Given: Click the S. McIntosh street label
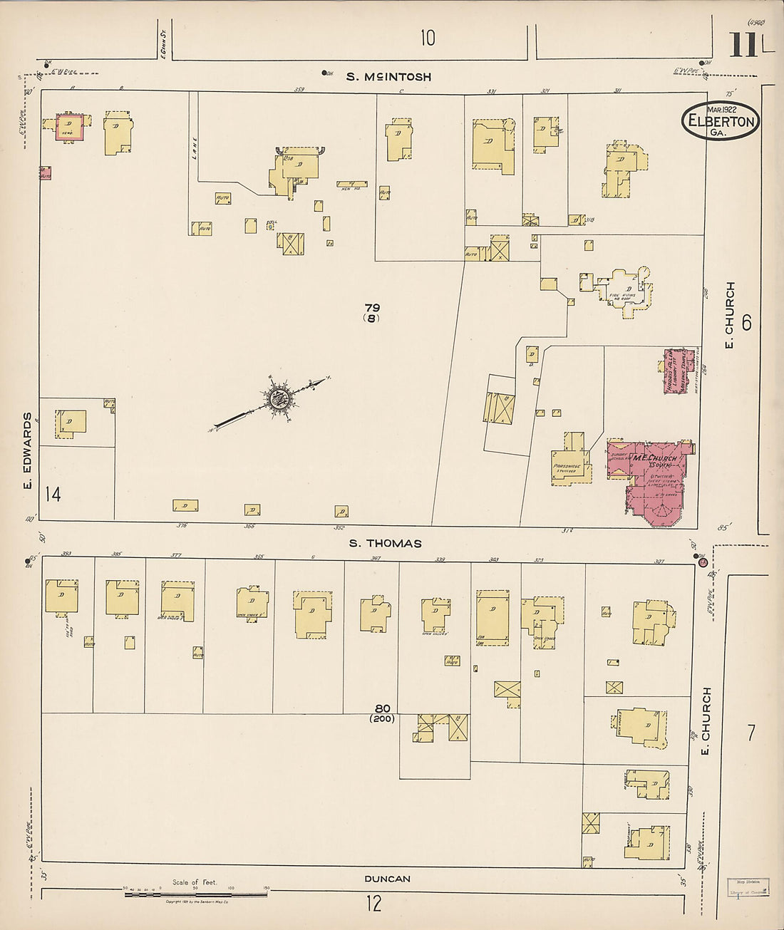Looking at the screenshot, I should pos(388,76).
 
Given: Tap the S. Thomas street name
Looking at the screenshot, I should pos(385,543).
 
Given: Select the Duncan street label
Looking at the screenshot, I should pos(388,879).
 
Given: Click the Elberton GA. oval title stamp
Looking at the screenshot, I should pos(720,120).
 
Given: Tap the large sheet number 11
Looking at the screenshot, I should pos(743,45).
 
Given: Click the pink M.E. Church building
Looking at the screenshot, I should pos(652,481).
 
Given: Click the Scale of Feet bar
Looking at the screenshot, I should pos(196,893).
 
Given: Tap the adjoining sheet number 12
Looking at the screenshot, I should pos(373,904).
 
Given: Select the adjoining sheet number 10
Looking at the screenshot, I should pos(427,37).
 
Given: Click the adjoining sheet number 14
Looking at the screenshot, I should pos(53,493).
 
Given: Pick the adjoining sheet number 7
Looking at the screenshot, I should pos(751,733).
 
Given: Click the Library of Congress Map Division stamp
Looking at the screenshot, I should pos(748,886).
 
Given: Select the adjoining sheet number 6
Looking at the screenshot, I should pos(746,323).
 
